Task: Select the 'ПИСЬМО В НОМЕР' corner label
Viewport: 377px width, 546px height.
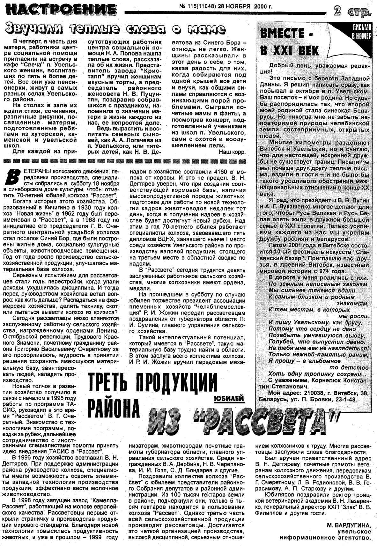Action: coord(361,31)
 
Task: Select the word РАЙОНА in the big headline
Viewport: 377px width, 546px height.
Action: coord(114,408)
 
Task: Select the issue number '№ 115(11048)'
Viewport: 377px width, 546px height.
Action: coord(197,6)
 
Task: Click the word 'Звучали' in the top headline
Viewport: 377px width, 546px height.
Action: coord(30,30)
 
